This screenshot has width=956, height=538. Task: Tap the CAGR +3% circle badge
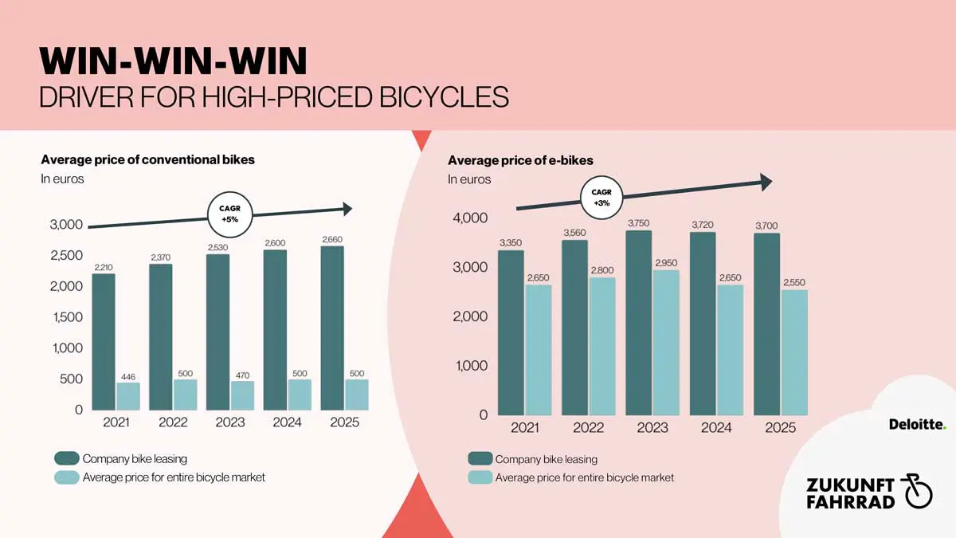[x=601, y=198]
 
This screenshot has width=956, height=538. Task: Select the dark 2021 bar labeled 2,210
[x=104, y=342]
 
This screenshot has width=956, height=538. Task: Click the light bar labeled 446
[x=128, y=396]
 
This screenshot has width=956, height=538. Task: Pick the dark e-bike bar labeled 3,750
[x=639, y=323]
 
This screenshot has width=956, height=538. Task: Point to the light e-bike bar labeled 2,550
[x=794, y=352]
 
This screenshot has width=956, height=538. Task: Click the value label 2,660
[x=332, y=239]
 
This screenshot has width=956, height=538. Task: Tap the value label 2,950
[x=666, y=262]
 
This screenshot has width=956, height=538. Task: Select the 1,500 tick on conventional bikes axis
[x=66, y=317]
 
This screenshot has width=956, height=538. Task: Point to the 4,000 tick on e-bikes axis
[x=471, y=218]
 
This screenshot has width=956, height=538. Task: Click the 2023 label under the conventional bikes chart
[x=230, y=422]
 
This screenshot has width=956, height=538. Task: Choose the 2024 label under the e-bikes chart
[x=716, y=428]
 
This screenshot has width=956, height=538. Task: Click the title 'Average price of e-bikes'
[x=520, y=161]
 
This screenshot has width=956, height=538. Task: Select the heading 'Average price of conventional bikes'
[x=147, y=159]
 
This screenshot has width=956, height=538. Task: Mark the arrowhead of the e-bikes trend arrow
[x=766, y=183]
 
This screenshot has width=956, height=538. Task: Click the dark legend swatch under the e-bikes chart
[x=480, y=458]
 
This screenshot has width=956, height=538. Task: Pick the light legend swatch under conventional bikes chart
[x=67, y=477]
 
